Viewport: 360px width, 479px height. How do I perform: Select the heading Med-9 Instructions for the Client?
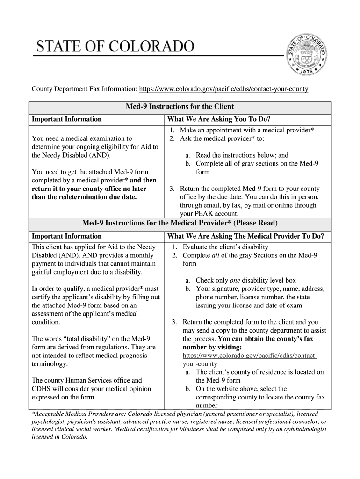[x=180, y=107]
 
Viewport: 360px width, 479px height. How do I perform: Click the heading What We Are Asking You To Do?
[x=216, y=119]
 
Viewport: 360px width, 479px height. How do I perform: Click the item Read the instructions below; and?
[x=242, y=155]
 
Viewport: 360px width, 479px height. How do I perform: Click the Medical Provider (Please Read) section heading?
[x=180, y=223]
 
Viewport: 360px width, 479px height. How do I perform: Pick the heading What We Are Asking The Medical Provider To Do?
[x=246, y=236]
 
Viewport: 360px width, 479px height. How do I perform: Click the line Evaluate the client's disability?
[x=225, y=247]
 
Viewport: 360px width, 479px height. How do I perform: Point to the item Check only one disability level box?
[x=245, y=280]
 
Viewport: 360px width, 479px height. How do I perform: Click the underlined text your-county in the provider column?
[x=200, y=363]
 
